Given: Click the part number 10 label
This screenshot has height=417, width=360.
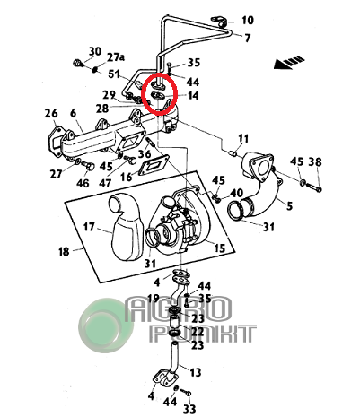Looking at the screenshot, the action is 248,21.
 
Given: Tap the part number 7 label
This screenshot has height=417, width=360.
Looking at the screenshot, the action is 248,39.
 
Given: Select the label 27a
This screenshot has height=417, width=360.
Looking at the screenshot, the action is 116,57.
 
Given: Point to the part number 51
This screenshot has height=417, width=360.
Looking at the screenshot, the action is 114,74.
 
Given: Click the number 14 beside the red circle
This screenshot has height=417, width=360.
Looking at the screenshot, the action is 193,96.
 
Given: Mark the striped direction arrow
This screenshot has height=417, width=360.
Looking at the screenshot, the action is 289,63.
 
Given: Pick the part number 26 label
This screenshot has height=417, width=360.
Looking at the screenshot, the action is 51,114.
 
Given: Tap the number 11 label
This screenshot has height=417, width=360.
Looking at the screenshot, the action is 243,139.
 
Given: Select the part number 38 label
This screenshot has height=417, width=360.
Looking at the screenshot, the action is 315,161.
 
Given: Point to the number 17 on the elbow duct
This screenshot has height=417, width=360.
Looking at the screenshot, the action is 89,227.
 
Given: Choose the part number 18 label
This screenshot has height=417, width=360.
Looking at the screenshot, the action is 64,252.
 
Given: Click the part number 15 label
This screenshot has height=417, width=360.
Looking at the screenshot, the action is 219,248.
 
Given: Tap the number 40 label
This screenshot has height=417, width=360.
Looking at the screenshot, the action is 236,193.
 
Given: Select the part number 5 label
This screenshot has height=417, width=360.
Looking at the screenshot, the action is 289,206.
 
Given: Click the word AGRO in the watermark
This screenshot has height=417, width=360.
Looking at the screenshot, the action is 179,309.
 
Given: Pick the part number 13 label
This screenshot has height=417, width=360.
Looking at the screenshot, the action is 195,373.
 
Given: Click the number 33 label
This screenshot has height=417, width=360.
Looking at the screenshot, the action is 189,409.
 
